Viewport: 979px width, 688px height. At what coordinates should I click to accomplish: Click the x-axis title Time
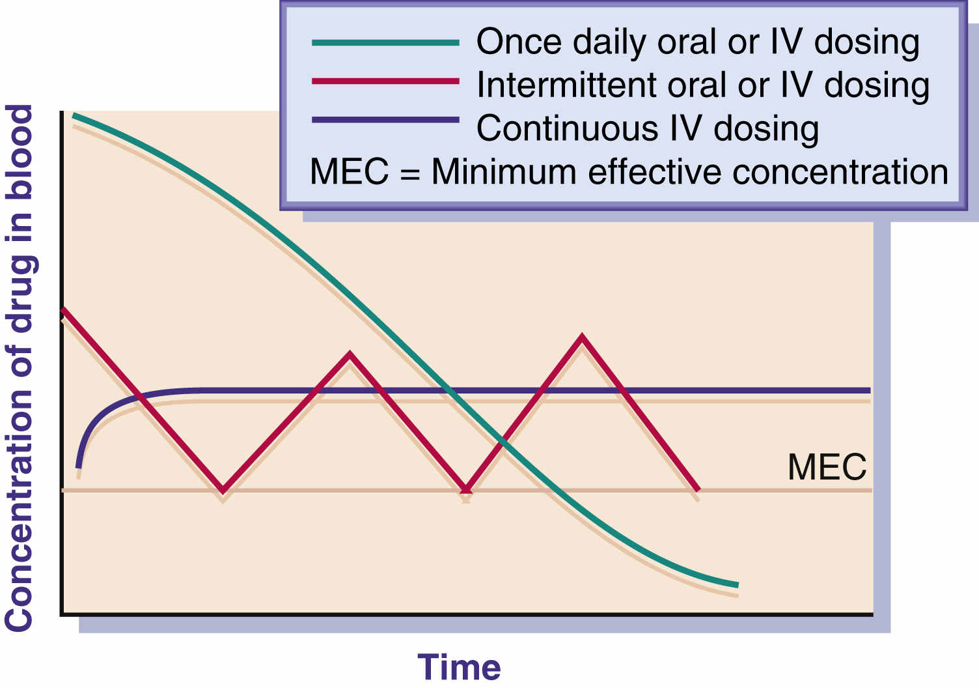(x=459, y=666)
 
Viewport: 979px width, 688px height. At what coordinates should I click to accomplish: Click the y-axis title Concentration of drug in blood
(x=20, y=368)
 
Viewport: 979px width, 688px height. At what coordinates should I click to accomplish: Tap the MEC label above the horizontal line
(x=827, y=466)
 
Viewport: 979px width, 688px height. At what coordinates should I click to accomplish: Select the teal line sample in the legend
(x=385, y=43)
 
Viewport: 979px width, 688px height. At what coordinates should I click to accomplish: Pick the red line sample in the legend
(x=385, y=81)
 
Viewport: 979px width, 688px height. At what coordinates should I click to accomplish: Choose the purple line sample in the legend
(x=385, y=120)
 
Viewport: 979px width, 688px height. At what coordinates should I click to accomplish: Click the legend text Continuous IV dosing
(x=648, y=128)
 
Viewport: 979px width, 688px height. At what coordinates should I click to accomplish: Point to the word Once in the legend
(x=519, y=42)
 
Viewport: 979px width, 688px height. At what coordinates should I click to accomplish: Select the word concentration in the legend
(x=840, y=172)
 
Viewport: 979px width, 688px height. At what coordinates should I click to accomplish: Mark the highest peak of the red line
(x=582, y=337)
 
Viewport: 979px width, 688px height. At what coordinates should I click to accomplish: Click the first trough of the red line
(x=223, y=490)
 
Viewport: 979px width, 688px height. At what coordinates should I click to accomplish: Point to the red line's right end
(x=698, y=489)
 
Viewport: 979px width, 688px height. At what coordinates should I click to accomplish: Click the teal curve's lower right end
(x=738, y=584)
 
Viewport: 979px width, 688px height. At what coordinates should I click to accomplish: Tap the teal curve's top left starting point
(x=74, y=116)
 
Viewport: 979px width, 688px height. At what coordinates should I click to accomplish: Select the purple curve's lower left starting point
(x=79, y=467)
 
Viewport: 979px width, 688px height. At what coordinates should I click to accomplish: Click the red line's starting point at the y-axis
(x=63, y=310)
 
